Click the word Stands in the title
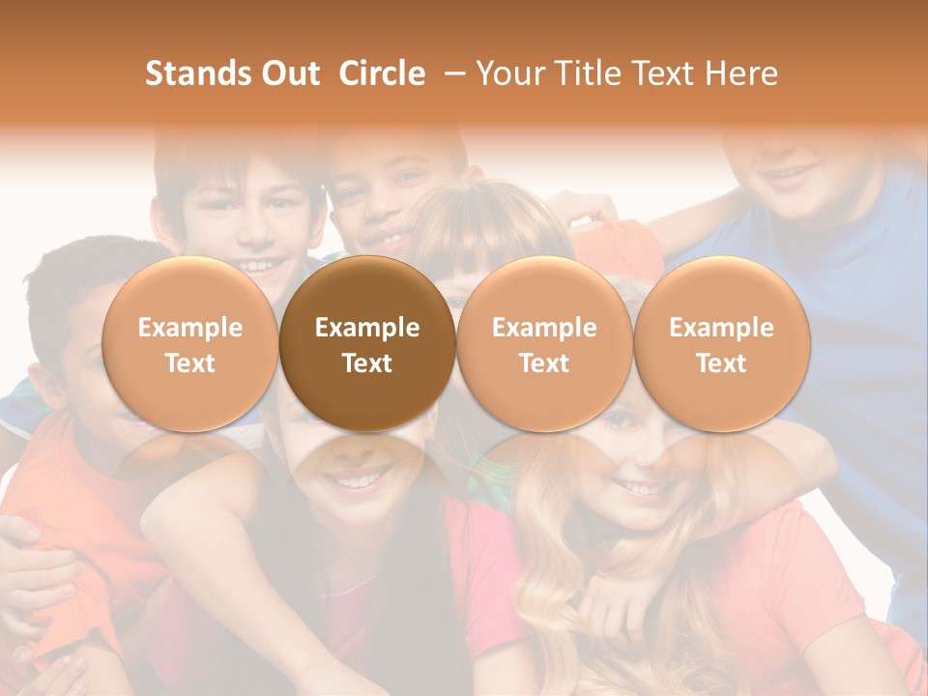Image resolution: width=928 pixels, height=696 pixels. tap(191, 73)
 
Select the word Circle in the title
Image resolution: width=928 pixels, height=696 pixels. tap(382, 73)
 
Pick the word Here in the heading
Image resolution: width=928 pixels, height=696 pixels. tap(740, 73)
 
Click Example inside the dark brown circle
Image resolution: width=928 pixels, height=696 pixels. tap(367, 328)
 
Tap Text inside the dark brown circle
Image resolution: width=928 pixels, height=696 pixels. tap(367, 363)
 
